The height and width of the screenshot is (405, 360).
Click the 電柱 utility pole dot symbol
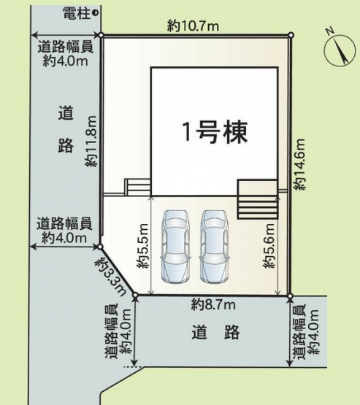tap(95, 12)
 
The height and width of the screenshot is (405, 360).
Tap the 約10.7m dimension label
tap(193, 26)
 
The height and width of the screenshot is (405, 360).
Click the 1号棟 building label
tap(215, 132)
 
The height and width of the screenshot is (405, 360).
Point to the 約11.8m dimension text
tap(91, 142)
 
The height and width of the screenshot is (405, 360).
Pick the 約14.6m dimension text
tap(300, 164)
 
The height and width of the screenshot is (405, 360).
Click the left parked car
tap(176, 246)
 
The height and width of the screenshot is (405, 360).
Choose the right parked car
tap(215, 246)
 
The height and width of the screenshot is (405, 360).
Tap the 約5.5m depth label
tap(142, 246)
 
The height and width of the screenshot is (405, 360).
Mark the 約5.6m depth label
tap(269, 246)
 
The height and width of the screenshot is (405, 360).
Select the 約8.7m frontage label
tap(213, 305)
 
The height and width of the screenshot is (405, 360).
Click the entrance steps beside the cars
tap(258, 199)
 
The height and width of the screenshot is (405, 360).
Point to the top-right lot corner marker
tap(291, 35)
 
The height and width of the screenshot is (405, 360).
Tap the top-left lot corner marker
tap(102, 35)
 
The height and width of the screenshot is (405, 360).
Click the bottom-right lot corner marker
tap(290, 296)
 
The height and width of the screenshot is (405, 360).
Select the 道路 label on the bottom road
tap(216, 333)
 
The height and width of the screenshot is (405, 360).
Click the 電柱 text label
tap(77, 13)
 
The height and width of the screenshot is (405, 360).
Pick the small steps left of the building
tap(138, 187)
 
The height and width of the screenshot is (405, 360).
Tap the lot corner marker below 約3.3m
tap(135, 295)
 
